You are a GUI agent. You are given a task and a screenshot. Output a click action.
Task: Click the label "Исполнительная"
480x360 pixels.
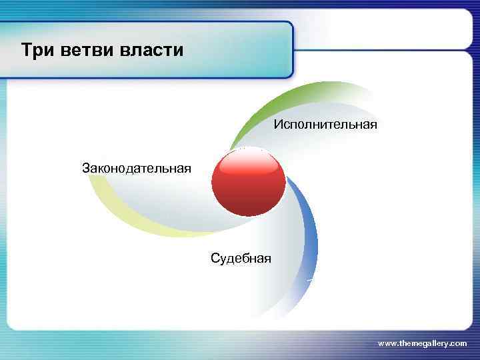point(325,125)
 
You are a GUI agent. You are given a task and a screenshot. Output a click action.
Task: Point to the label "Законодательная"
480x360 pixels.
point(136,167)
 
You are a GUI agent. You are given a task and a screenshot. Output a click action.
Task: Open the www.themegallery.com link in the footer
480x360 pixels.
point(422,343)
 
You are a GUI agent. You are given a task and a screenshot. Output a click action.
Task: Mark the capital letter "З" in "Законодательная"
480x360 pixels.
point(85,167)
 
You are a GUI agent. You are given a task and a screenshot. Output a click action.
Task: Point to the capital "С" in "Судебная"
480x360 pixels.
point(214,258)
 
